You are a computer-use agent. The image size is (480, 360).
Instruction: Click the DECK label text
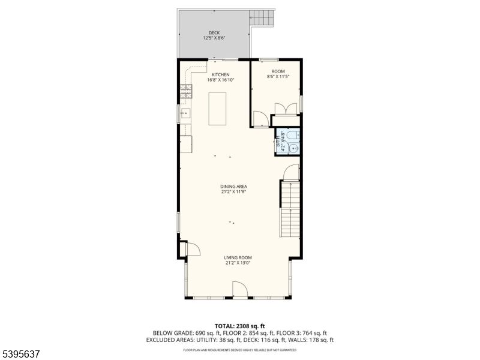click(x=214, y=33)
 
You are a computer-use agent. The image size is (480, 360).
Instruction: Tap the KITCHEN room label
click(x=220, y=74)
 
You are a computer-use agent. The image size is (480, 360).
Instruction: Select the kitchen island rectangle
click(x=217, y=109)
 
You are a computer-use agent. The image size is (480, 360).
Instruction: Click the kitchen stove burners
click(x=186, y=91)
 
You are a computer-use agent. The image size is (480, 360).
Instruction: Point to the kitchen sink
click(x=185, y=113)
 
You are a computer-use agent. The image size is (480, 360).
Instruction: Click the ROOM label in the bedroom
click(x=278, y=71)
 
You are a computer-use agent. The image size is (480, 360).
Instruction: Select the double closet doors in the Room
click(x=286, y=109)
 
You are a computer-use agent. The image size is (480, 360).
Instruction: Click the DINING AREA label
click(x=233, y=186)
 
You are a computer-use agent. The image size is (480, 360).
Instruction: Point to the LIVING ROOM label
click(x=238, y=257)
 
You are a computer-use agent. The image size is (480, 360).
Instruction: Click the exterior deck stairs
click(x=262, y=18)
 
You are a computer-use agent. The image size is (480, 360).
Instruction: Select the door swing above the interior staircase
click(x=291, y=172)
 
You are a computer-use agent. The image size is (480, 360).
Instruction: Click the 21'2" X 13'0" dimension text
click(x=238, y=263)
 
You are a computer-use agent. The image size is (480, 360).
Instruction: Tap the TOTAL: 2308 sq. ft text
click(x=239, y=326)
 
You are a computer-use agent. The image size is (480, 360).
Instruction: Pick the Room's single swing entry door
click(x=260, y=119)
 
